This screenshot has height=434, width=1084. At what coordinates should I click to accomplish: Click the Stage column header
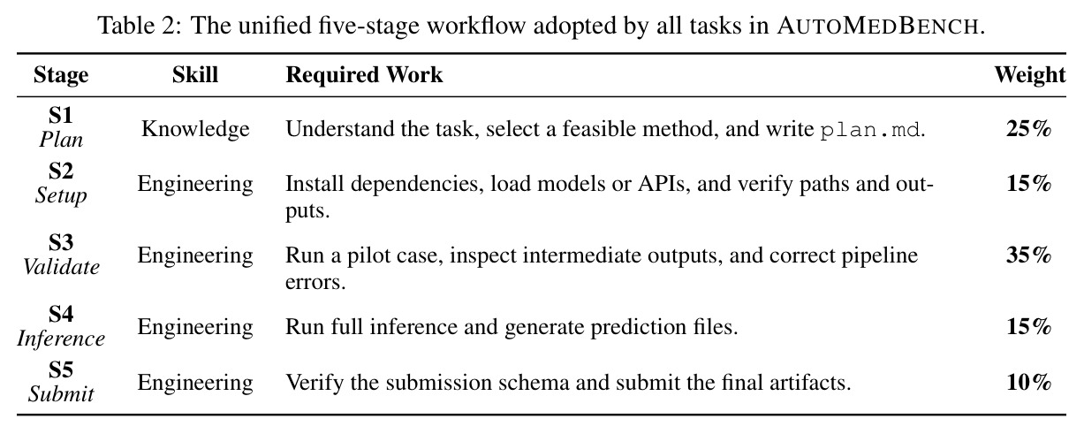[x=61, y=75]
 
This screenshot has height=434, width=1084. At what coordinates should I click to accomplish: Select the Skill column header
[x=195, y=75]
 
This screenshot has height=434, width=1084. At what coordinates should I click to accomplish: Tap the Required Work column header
[x=364, y=75]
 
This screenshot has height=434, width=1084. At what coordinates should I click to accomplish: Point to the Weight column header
[x=1030, y=75]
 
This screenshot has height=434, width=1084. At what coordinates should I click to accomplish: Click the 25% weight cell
[x=1029, y=129]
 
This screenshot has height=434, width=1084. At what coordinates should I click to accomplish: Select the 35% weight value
[x=1029, y=255]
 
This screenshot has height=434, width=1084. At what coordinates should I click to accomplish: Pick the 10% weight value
[x=1029, y=383]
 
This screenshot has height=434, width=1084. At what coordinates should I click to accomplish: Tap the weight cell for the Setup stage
[x=1029, y=184]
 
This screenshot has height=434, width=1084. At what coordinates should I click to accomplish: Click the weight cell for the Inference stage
[x=1029, y=327]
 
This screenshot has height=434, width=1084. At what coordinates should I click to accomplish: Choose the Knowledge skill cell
[x=195, y=129]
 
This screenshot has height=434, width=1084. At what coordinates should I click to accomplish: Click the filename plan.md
[x=869, y=130]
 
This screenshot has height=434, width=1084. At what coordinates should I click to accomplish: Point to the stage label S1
[x=61, y=115]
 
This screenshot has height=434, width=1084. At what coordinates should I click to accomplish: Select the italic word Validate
[x=61, y=267]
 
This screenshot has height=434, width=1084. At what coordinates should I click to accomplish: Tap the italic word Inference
[x=61, y=339]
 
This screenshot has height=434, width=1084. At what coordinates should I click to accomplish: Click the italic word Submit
[x=61, y=394]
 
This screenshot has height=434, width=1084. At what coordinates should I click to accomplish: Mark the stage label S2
[x=61, y=171]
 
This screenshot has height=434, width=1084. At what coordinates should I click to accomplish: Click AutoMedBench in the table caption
[x=879, y=26]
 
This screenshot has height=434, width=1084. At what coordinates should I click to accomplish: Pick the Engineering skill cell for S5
[x=195, y=383]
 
